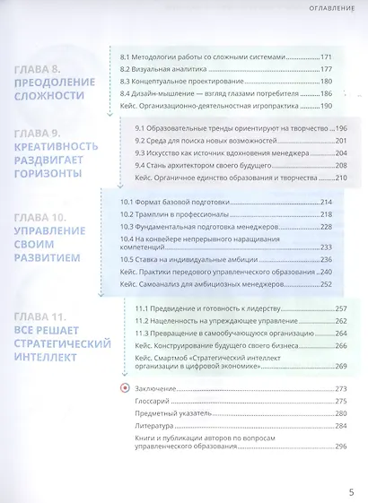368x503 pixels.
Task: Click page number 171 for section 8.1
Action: (326, 57)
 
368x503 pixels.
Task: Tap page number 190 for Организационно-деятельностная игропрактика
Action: (326, 105)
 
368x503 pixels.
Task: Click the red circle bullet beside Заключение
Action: (124, 388)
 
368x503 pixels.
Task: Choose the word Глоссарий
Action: (153, 401)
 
